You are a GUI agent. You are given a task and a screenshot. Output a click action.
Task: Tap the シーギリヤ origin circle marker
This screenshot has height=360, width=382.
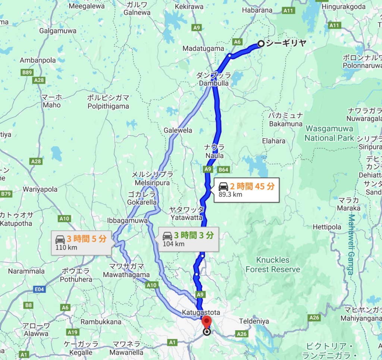261,44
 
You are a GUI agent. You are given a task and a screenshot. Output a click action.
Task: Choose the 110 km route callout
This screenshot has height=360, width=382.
81,243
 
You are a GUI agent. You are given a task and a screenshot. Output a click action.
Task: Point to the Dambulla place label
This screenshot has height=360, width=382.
214,83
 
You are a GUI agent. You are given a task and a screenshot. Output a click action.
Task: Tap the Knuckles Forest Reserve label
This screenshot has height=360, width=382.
273,265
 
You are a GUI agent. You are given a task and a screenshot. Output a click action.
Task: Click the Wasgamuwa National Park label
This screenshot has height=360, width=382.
329,133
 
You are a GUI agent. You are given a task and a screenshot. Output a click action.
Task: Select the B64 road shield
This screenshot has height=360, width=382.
223,170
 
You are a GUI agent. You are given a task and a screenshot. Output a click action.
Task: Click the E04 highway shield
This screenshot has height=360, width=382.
40,289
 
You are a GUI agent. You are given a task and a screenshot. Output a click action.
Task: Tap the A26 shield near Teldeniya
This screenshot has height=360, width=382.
242,334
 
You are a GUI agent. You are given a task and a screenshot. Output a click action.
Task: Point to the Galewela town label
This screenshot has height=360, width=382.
178,130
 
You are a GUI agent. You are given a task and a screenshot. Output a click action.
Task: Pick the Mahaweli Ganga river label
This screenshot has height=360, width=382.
351,244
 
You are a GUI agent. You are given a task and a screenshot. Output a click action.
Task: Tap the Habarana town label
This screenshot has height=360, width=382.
257,10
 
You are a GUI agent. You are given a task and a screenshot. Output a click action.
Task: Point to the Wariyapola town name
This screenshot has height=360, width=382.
40,189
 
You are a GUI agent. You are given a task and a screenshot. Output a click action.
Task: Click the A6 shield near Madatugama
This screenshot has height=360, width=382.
237,42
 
